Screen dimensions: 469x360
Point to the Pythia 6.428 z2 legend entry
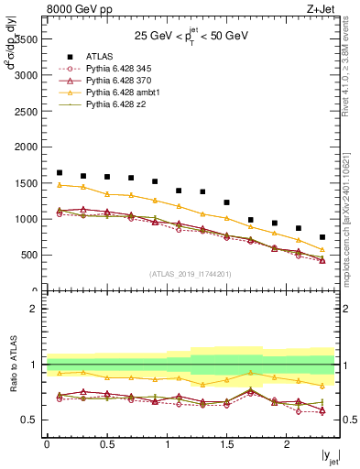pyautogui.click(x=114, y=104)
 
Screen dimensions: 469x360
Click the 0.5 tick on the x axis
pyautogui.click(x=106, y=445)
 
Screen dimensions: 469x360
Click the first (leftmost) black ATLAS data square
pyautogui.click(x=60, y=172)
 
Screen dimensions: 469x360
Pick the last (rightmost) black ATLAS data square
pyautogui.click(x=322, y=237)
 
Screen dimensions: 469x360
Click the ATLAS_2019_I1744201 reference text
pyautogui.click(x=191, y=274)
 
